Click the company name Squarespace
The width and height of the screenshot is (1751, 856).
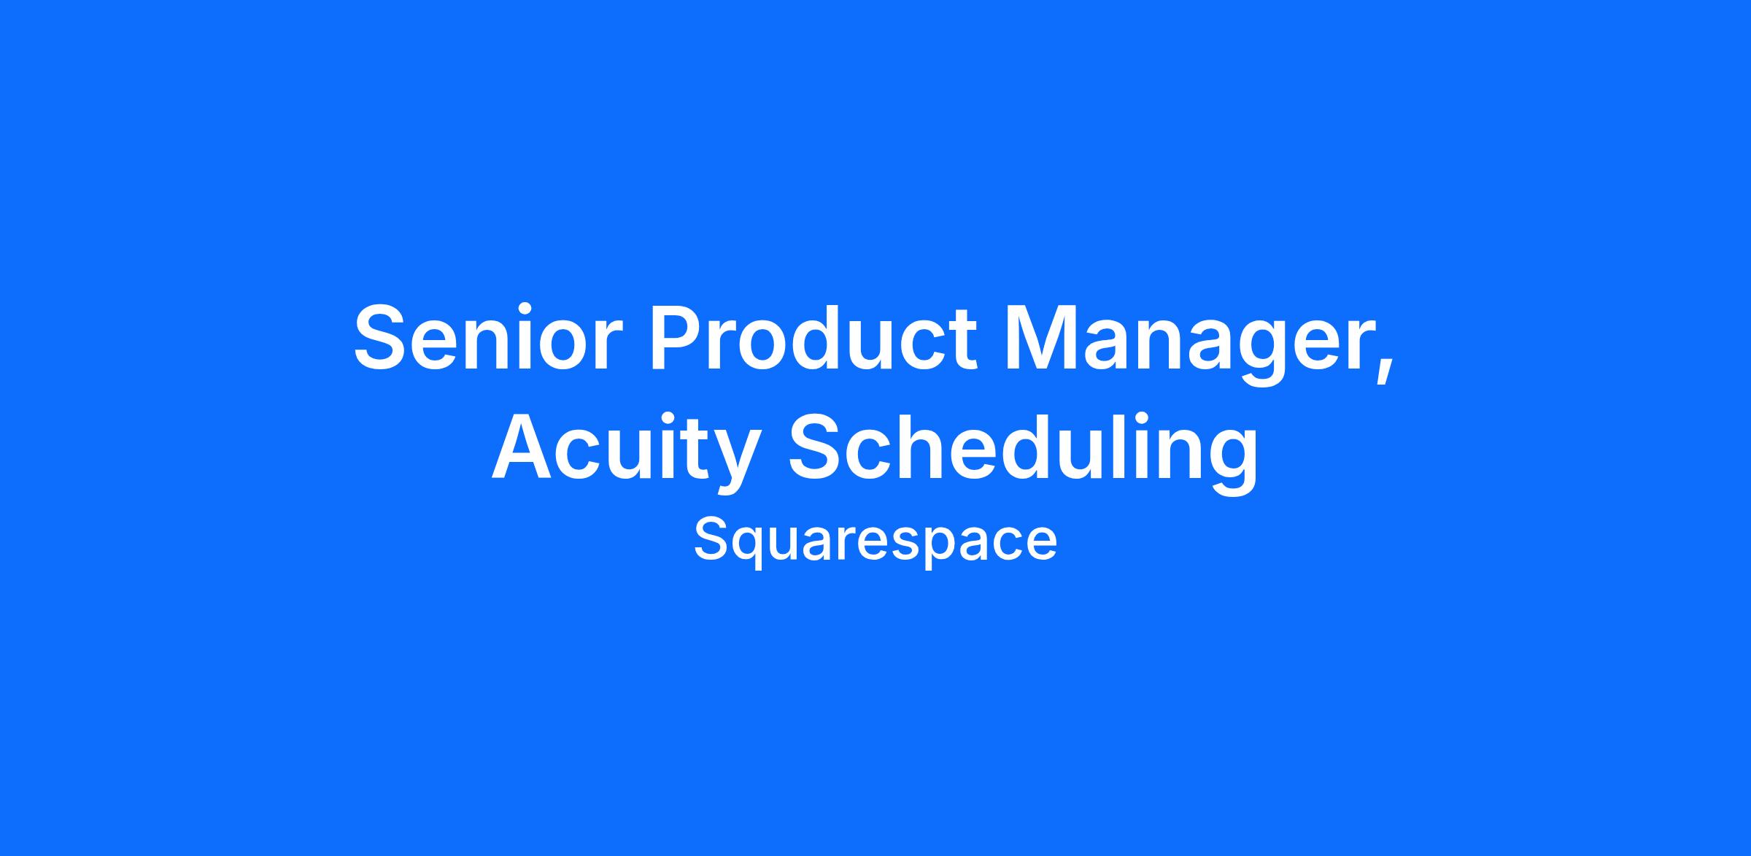point(875,541)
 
